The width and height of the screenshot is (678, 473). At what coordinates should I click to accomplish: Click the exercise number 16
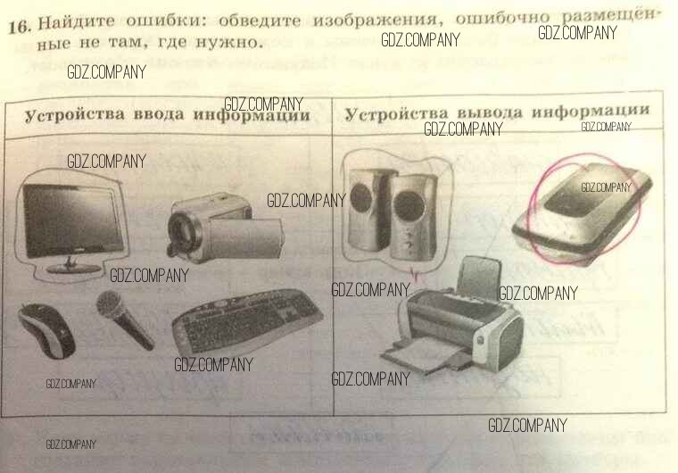tap(20, 28)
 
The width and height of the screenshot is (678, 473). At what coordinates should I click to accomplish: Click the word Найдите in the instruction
tap(77, 22)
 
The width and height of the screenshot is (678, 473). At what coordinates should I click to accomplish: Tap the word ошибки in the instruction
tap(164, 21)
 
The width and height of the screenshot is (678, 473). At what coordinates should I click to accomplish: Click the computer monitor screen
tap(71, 219)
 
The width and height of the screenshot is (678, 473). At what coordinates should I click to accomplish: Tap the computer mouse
tap(46, 330)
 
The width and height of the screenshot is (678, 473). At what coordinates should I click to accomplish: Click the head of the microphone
tap(109, 303)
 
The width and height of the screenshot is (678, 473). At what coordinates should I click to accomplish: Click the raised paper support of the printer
tap(479, 277)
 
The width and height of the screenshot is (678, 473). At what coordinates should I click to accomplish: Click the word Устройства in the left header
tap(75, 115)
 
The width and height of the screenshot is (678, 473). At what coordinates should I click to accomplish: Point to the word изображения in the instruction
tap(375, 20)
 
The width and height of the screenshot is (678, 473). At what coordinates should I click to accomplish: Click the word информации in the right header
tap(591, 111)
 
